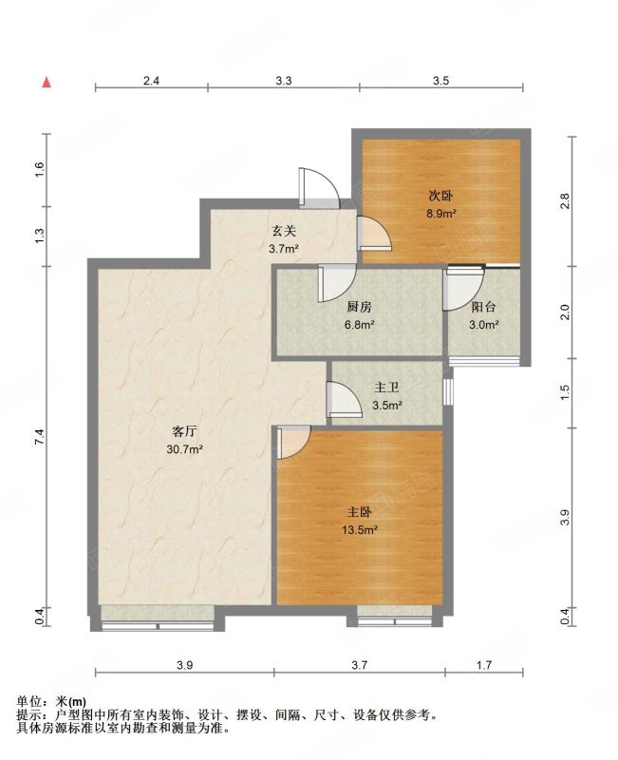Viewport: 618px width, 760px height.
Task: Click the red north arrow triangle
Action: click(47, 83)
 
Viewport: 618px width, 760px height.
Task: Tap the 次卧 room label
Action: click(440, 196)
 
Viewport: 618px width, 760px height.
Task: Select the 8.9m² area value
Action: click(441, 213)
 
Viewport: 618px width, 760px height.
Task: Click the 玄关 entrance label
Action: click(283, 231)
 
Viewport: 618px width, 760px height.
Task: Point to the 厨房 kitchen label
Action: click(359, 307)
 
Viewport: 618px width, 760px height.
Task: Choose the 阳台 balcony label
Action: click(484, 307)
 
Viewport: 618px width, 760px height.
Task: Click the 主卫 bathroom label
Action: click(386, 388)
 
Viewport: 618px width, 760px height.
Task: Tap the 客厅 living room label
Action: click(184, 431)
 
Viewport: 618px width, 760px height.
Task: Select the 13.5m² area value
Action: click(360, 530)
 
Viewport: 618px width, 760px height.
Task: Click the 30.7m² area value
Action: click(184, 449)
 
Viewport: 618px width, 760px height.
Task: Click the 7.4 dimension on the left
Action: click(40, 437)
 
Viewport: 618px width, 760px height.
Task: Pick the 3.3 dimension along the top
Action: click(284, 81)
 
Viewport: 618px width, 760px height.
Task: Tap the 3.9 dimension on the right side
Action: click(565, 518)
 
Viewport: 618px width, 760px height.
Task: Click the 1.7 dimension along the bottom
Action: click(484, 665)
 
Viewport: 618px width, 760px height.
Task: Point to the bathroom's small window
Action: click(448, 391)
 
